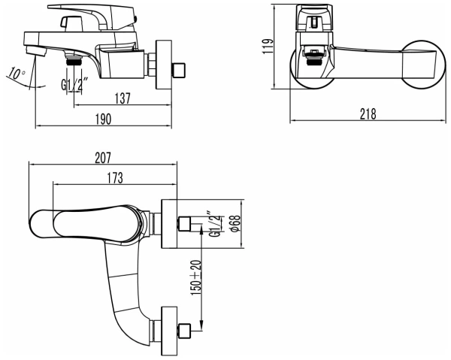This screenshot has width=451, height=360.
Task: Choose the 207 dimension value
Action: tap(102, 158)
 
